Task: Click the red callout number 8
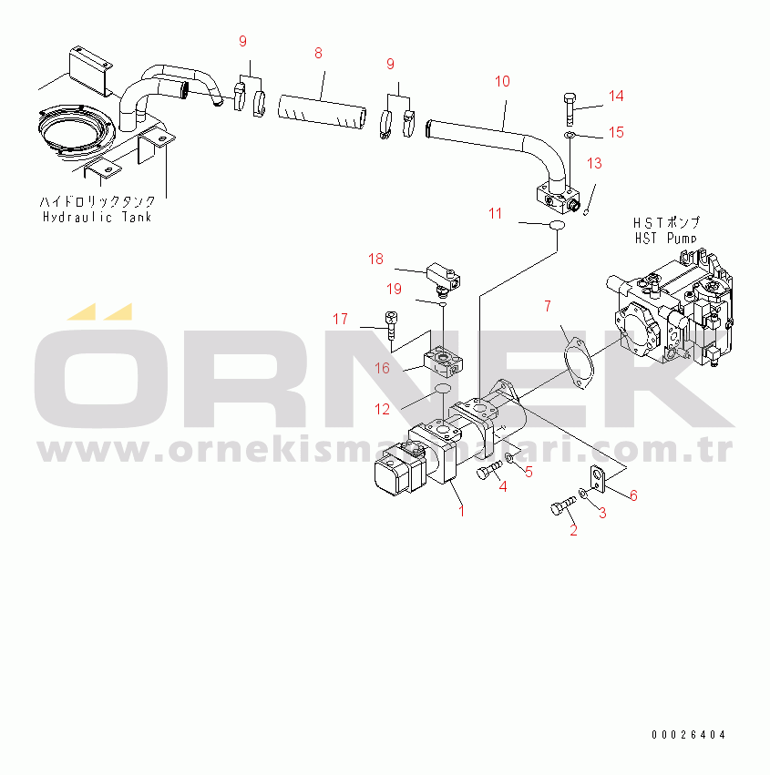318,54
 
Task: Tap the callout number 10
502,82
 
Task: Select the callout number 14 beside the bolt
616,96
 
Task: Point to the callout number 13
594,164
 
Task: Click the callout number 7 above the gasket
548,306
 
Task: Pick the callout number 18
375,259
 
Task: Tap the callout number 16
382,368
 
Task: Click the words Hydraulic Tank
97,218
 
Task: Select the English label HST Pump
665,239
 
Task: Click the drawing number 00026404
688,735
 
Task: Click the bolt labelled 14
570,108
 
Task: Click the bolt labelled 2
563,506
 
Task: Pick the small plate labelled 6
598,480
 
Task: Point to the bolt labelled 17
391,324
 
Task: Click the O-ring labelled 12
442,389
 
